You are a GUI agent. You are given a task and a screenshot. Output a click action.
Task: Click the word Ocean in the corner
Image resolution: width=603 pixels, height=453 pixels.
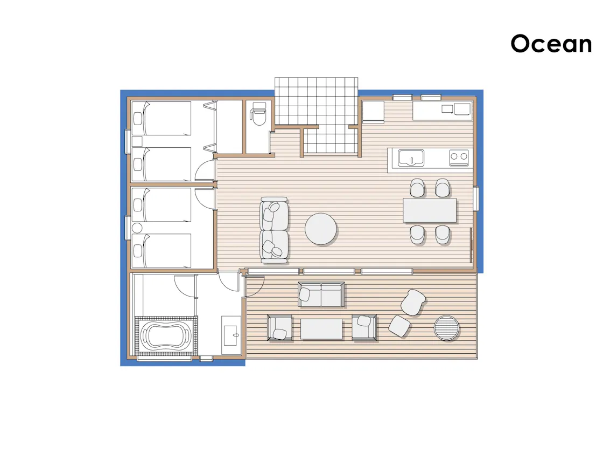click(551, 44)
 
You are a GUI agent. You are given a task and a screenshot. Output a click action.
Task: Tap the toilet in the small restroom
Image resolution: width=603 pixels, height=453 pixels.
click(257, 113)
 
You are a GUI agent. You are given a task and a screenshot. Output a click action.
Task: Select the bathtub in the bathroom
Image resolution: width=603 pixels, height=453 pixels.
click(166, 335)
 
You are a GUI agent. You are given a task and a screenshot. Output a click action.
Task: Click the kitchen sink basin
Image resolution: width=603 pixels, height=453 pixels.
click(411, 158)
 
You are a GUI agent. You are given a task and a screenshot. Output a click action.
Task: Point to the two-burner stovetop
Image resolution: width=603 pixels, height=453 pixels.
click(459, 157)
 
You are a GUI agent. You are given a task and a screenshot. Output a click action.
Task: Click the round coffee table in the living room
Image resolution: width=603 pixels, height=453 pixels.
click(321, 229)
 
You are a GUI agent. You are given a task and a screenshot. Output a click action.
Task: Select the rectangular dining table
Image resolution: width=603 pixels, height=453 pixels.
click(430, 210)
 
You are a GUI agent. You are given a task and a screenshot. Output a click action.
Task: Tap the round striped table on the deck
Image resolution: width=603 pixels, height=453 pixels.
click(446, 328)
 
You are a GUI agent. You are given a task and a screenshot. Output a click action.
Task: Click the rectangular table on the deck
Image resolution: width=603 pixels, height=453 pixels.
click(321, 329)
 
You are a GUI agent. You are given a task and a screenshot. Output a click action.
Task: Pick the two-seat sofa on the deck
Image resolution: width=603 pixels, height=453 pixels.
click(321, 294)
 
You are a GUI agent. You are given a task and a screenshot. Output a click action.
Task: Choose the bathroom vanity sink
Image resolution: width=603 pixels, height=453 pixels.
click(231, 335)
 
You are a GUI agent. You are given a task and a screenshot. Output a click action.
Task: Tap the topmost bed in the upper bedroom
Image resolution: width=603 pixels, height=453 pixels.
click(162, 118)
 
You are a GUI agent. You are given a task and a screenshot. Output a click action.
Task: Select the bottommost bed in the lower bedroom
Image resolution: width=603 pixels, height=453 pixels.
click(162, 250)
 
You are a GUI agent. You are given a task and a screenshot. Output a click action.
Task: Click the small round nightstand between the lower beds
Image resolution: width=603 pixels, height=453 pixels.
click(137, 228)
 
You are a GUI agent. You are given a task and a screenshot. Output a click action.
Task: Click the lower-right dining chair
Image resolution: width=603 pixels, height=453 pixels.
click(443, 235)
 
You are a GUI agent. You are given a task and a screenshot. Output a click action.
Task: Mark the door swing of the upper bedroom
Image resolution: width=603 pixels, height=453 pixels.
click(204, 170)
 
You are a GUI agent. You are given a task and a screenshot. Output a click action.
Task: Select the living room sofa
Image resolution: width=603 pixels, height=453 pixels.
click(274, 230)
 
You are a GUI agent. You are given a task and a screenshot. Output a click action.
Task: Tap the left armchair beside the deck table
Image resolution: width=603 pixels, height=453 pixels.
click(279, 328)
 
